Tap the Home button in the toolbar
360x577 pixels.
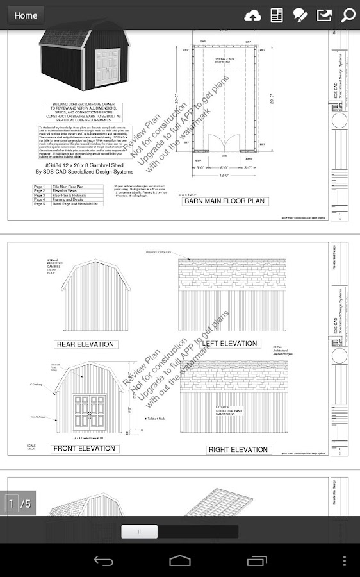[26, 15]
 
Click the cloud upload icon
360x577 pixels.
[253, 15]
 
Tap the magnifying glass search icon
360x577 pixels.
[348, 15]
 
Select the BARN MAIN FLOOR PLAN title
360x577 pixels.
[224, 201]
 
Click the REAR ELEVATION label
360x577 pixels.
[85, 344]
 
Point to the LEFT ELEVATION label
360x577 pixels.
[229, 344]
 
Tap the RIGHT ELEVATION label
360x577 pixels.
[238, 449]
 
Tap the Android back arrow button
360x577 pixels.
[104, 561]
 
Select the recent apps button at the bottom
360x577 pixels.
[256, 561]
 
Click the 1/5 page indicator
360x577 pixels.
[19, 504]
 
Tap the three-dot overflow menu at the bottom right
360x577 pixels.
[346, 561]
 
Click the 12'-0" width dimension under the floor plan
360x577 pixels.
[224, 175]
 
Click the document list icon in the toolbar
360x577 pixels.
[277, 15]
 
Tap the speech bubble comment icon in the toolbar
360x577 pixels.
[300, 15]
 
